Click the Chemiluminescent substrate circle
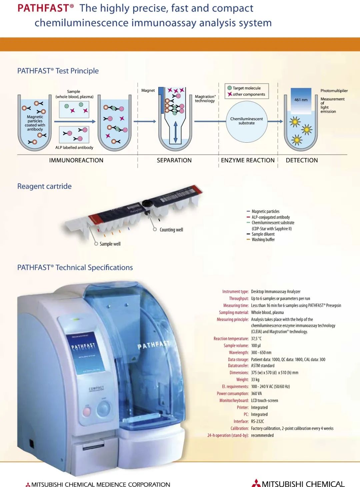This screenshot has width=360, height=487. [x=246, y=121]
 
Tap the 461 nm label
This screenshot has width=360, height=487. [x=301, y=100]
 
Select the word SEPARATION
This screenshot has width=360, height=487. [x=174, y=160]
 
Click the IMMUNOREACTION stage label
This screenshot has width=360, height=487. [x=76, y=160]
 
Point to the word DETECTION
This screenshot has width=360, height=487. [x=302, y=160]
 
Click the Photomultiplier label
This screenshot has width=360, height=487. [x=334, y=91]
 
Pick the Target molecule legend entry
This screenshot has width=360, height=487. [x=246, y=88]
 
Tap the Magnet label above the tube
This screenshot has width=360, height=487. [x=148, y=90]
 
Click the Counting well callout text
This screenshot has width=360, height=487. [x=171, y=230]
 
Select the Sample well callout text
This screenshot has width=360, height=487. [x=110, y=244]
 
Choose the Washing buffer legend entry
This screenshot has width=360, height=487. [x=263, y=240]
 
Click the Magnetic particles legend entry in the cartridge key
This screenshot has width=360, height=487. [x=265, y=211]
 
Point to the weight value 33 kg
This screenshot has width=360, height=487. [x=255, y=380]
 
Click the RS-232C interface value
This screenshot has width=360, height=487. [x=257, y=421]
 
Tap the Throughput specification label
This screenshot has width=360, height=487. [x=239, y=299]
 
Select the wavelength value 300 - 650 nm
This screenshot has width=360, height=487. [x=261, y=352]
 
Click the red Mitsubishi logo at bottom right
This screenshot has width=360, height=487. [x=256, y=483]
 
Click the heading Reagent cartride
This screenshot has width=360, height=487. [x=44, y=186]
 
